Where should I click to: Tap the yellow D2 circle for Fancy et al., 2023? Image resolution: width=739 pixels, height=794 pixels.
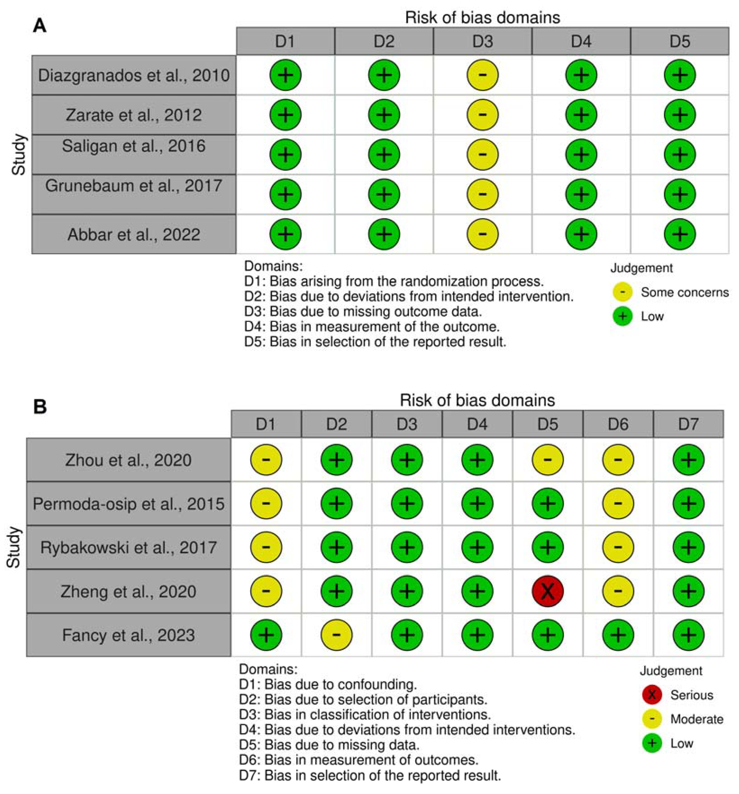[337, 635]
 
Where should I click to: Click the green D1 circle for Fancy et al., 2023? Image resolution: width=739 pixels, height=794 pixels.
[266, 635]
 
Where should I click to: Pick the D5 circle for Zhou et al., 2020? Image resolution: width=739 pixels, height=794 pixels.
[548, 460]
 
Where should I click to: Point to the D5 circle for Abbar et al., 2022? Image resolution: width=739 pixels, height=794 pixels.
[680, 234]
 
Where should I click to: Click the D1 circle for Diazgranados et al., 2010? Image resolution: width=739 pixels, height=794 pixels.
[285, 75]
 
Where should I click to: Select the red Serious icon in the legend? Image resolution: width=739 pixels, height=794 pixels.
[652, 695]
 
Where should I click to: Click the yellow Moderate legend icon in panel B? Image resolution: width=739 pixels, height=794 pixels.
[652, 719]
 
